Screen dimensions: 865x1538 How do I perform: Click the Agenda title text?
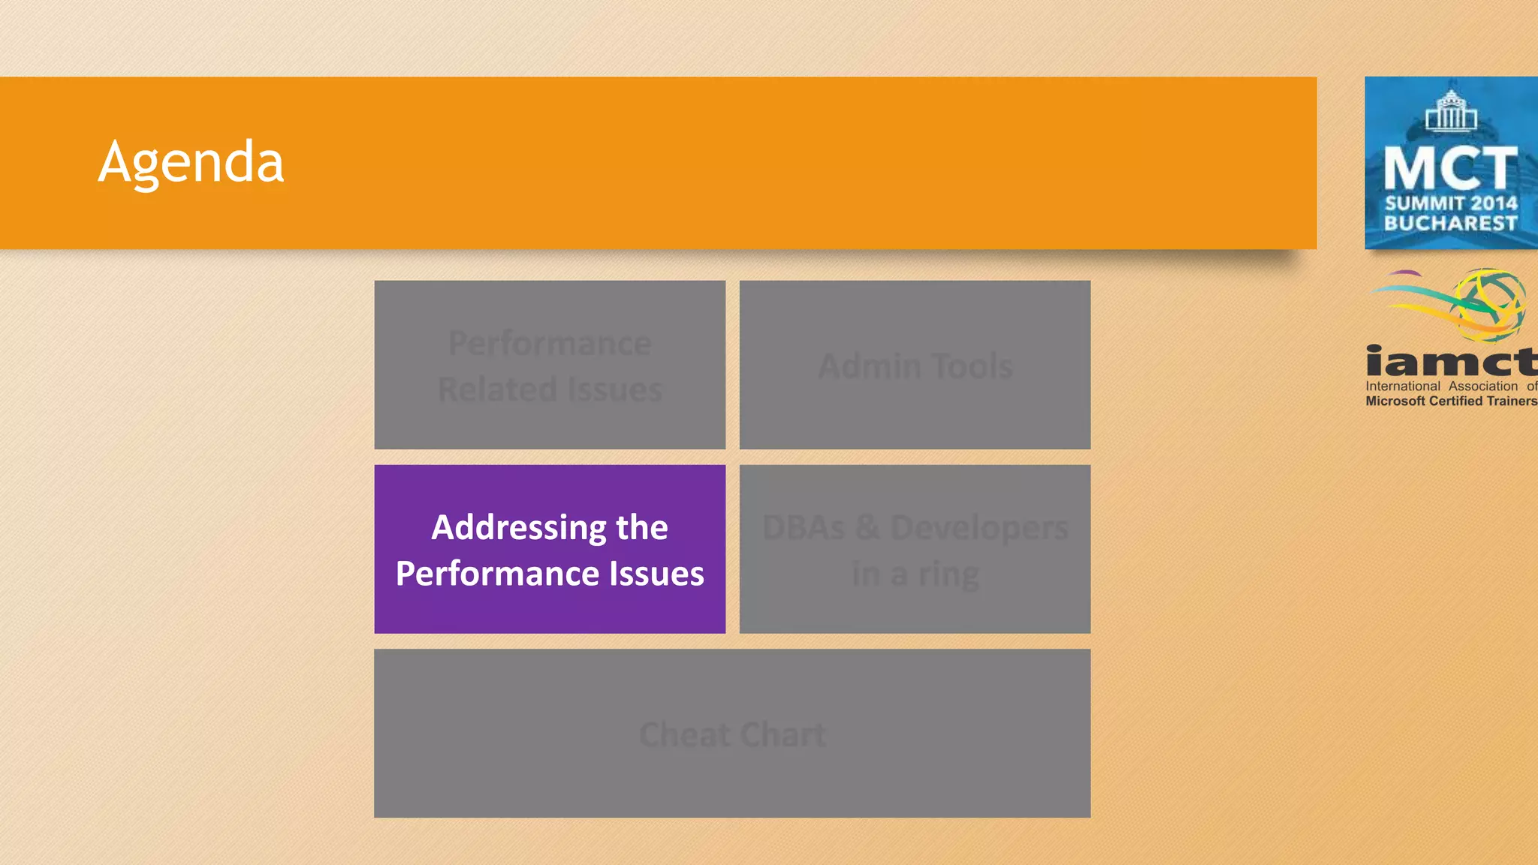pos(191,161)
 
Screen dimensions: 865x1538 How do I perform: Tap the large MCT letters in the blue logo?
pos(1451,168)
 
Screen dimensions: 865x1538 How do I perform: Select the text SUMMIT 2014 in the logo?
pos(1451,203)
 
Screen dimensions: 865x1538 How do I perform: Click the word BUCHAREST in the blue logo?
pos(1451,224)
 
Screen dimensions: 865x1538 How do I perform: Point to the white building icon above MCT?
pos(1451,110)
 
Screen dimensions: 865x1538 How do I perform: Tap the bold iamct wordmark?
pos(1451,362)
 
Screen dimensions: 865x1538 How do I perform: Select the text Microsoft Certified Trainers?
pos(1451,401)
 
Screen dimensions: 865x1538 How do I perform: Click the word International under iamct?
pos(1403,386)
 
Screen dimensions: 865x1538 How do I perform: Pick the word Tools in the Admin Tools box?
pos(973,366)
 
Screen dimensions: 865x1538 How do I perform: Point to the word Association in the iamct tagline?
pos(1483,386)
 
